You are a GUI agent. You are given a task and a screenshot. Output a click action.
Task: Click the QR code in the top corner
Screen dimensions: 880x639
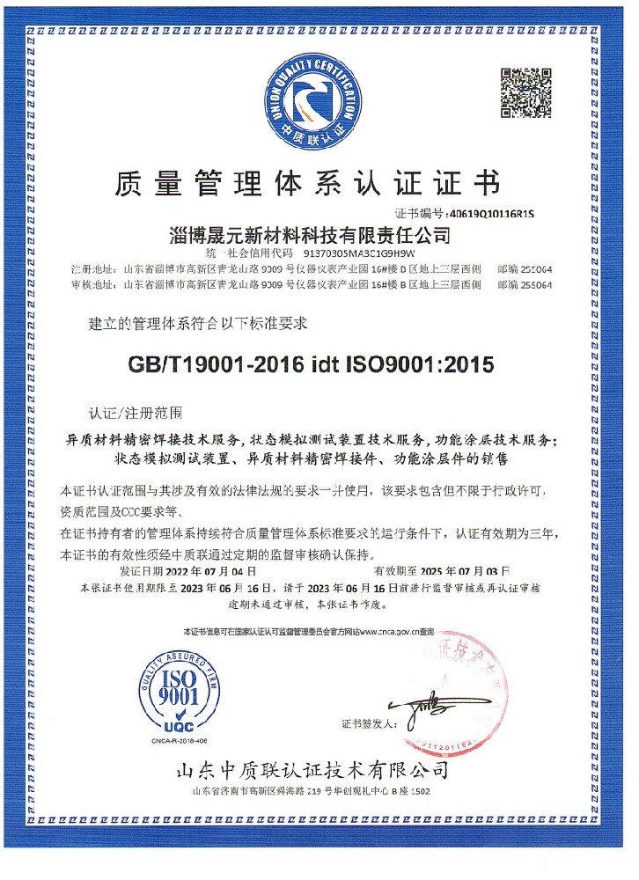click(526, 92)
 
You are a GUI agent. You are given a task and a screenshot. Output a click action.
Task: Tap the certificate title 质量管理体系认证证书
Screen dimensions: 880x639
click(307, 183)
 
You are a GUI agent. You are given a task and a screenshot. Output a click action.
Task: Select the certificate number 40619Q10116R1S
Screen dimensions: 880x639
click(491, 213)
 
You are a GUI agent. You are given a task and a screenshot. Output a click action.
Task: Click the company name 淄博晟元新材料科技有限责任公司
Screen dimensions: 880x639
click(309, 235)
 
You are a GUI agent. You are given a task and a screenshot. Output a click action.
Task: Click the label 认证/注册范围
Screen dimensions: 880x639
click(136, 411)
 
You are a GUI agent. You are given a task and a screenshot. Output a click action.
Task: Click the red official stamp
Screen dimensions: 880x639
click(471, 691)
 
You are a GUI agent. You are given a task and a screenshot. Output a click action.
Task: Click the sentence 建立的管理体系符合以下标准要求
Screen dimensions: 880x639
click(197, 324)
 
